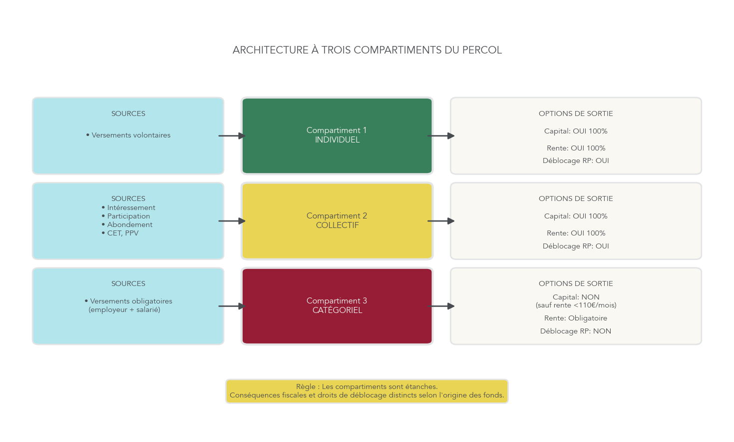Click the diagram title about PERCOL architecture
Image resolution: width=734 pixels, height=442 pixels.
[x=367, y=50]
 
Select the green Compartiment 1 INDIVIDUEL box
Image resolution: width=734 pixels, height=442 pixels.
[x=337, y=135]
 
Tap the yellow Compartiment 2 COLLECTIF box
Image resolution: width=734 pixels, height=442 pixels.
[x=337, y=220]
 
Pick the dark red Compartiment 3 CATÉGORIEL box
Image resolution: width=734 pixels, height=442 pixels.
[x=337, y=305]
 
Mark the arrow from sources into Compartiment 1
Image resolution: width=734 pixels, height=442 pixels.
[x=232, y=135]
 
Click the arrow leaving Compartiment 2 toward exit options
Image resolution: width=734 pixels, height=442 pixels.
[x=441, y=220]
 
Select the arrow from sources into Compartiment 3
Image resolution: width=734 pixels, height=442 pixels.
[x=232, y=306]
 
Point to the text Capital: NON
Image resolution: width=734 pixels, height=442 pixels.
[x=576, y=297]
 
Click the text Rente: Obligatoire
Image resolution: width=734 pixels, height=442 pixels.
[x=576, y=318]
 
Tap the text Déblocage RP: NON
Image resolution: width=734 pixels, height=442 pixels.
[x=576, y=331]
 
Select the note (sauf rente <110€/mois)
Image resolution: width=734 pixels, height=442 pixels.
[x=576, y=305]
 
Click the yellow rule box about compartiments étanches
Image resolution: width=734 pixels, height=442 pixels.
[x=367, y=391]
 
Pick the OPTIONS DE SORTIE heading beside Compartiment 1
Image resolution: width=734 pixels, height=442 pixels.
[x=576, y=113]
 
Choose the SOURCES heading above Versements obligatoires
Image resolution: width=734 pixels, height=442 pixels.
[x=128, y=283]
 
